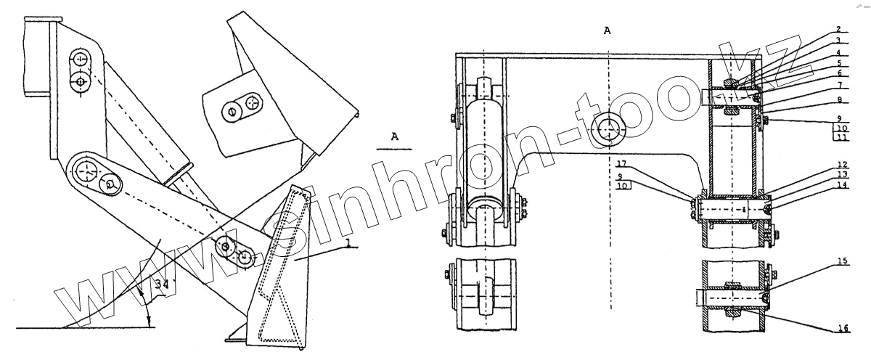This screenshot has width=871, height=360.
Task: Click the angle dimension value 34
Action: [x=161, y=285]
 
